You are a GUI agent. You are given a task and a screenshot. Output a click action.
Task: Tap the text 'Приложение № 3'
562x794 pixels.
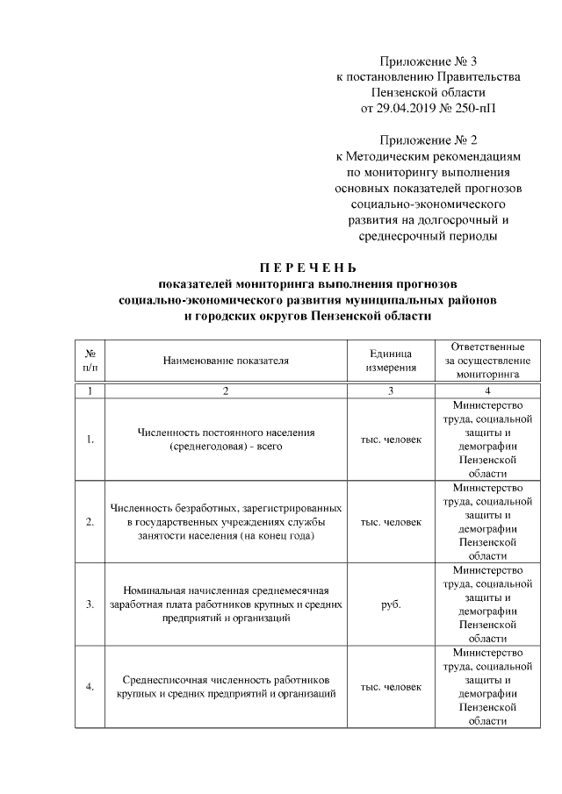point(429,61)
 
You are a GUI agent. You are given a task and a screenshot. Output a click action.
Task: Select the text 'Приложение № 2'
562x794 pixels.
point(429,139)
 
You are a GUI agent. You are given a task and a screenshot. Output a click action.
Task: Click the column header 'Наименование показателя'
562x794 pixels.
point(226,360)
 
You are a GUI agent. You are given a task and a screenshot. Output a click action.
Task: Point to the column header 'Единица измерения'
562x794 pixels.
point(391,360)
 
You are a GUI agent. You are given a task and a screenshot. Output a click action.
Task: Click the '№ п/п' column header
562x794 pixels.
point(90,360)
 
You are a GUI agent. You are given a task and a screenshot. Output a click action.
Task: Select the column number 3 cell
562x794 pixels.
point(391,391)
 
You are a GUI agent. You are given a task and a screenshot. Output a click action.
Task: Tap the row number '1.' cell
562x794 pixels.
point(90,440)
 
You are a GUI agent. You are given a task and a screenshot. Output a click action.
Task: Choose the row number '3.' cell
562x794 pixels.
point(90,604)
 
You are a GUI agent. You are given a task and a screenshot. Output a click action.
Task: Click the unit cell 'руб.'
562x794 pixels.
point(391,604)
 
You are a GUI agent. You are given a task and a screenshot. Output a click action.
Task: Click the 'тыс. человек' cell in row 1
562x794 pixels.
point(391,440)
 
